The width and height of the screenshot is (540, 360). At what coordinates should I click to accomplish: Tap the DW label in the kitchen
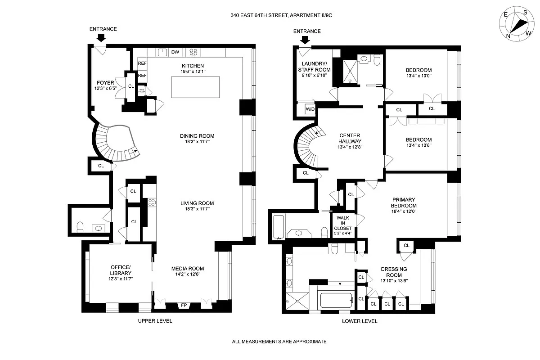coord(175,52)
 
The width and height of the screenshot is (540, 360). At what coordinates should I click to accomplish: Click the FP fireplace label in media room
coord(184,306)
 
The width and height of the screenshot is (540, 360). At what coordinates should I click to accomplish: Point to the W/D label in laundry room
coord(310,109)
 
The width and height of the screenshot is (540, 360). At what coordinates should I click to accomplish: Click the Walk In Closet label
coord(343,223)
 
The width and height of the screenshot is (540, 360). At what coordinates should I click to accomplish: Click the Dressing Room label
coord(394,272)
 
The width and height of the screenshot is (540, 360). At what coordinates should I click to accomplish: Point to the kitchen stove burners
coord(194,52)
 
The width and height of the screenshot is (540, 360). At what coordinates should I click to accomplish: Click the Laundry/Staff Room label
coord(314,67)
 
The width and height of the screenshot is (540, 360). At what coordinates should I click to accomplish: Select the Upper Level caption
coord(155,321)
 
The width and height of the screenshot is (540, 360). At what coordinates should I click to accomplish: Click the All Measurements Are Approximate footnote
coord(279,342)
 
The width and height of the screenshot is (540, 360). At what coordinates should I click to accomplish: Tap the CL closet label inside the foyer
coord(131,85)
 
